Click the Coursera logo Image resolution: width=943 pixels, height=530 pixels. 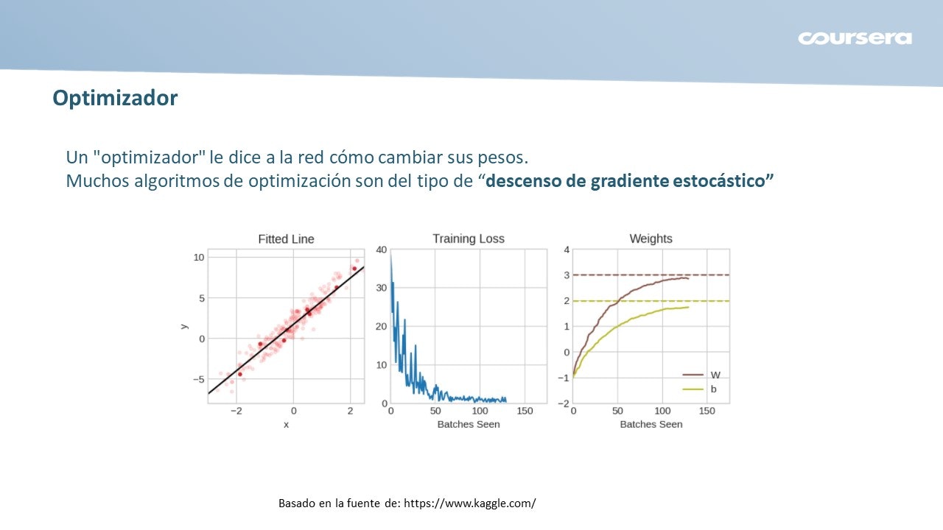[855, 38]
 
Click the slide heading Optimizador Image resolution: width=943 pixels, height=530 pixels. [115, 98]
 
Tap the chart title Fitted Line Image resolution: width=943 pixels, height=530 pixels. [286, 239]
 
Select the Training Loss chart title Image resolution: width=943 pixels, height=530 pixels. [469, 239]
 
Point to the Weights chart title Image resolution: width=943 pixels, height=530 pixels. [651, 239]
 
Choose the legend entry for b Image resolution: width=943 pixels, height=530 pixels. [700, 389]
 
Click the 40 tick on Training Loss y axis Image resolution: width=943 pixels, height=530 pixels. [381, 250]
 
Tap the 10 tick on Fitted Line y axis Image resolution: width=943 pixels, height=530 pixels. [199, 257]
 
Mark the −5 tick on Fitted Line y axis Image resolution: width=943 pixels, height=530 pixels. [199, 379]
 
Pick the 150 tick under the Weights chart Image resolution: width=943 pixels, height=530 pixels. [707, 411]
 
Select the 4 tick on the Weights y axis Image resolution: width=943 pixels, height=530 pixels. [567, 250]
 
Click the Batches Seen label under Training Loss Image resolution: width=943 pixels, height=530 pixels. [469, 424]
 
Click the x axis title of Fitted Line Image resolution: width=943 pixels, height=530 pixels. [287, 425]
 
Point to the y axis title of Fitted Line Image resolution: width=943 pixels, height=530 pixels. [184, 326]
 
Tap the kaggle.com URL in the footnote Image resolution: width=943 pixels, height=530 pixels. [470, 503]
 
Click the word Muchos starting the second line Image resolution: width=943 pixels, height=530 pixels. [97, 181]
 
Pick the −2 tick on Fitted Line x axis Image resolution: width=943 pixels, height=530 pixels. [236, 411]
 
